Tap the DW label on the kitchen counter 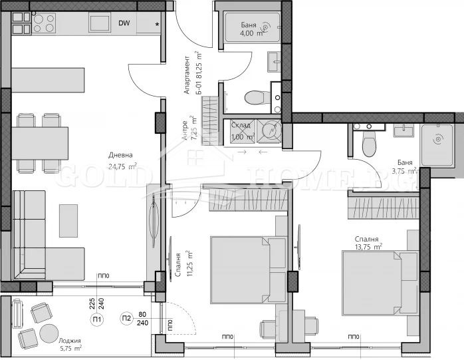point(124,23)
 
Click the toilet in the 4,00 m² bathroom point(255,98)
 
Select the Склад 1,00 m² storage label point(241,130)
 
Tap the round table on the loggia point(48,331)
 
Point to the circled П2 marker point(127,318)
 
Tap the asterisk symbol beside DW point(157,25)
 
